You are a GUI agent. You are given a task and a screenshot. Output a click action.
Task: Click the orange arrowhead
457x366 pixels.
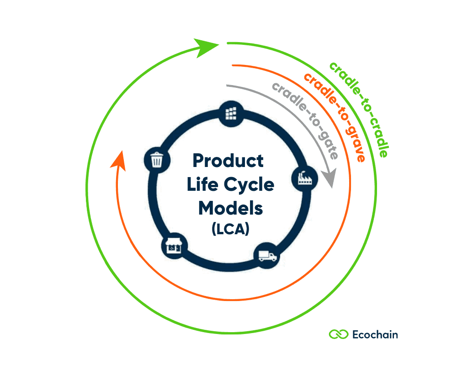[118, 159]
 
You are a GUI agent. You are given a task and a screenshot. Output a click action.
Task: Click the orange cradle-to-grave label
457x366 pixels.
[335, 117]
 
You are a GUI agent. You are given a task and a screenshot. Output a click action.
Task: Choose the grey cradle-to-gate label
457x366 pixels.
[305, 119]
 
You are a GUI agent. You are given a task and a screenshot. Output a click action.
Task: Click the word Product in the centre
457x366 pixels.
[228, 161]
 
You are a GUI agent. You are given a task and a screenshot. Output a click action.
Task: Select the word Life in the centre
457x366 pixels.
[202, 185]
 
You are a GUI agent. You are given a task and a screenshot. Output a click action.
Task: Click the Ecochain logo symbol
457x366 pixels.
[339, 334]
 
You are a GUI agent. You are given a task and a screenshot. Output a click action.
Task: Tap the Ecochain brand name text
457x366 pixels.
[375, 334]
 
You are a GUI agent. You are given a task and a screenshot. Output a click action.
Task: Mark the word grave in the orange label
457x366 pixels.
[352, 142]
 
